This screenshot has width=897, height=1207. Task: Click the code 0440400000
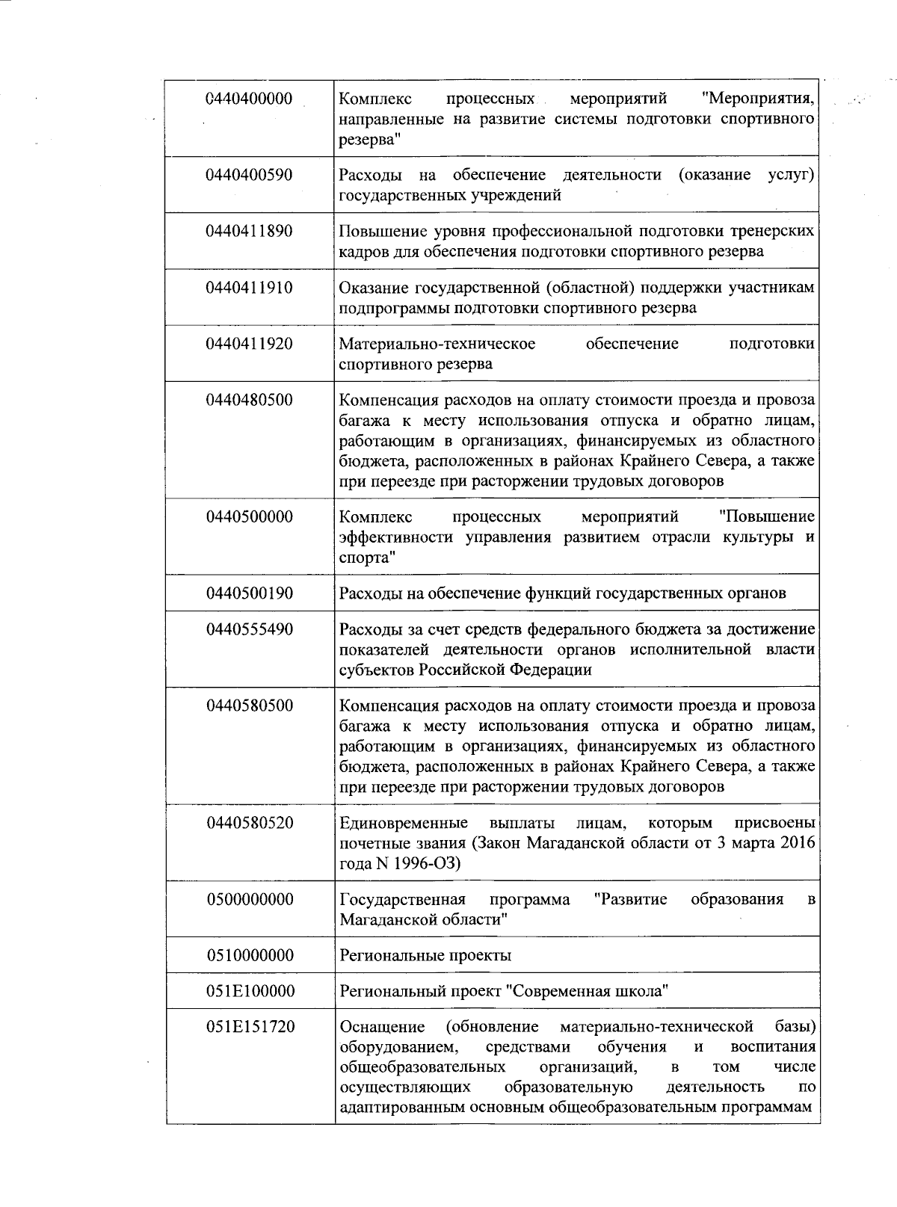coord(249,99)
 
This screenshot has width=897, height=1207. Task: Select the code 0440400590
coord(249,175)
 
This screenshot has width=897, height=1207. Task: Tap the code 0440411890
coord(249,231)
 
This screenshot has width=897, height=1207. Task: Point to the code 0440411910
coord(249,287)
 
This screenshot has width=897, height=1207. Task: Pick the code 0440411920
coord(249,344)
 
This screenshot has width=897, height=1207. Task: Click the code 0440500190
coord(249,593)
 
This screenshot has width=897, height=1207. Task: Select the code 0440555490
coord(249,629)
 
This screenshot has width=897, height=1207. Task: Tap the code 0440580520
coord(249,823)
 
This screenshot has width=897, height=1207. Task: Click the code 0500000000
coord(249,899)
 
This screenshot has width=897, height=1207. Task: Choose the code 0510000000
coord(249,955)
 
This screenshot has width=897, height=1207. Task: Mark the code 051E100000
coord(249,991)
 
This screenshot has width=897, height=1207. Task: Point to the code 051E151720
coord(249,1027)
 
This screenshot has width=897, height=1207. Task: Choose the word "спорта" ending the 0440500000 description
coord(366,558)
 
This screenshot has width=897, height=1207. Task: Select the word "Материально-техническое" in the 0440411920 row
coord(437,344)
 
